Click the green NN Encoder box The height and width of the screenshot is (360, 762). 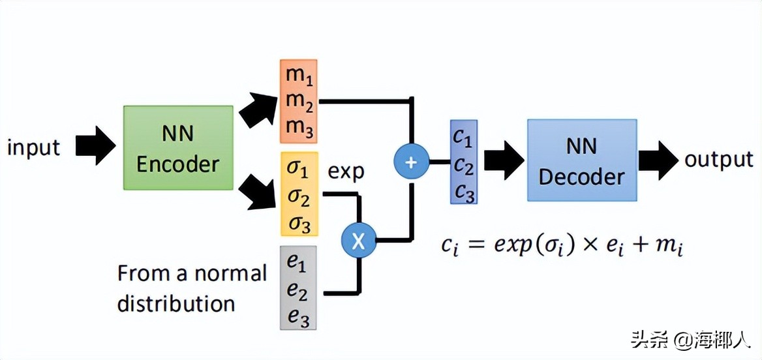click(177, 148)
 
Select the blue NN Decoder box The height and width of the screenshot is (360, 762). click(581, 160)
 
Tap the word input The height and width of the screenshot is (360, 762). click(33, 147)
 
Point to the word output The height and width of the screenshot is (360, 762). click(718, 160)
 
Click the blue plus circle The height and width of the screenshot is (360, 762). click(411, 162)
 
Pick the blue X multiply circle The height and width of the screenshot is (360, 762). click(358, 241)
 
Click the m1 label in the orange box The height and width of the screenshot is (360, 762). click(299, 75)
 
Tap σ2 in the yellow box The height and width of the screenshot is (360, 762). click(299, 197)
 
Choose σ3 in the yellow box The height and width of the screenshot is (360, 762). click(299, 224)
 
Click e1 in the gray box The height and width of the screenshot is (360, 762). click(297, 262)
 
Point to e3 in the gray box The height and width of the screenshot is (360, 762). click(297, 318)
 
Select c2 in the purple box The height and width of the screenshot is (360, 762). click(463, 167)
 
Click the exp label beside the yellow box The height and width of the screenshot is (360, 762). click(346, 172)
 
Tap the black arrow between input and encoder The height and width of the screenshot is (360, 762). click(95, 146)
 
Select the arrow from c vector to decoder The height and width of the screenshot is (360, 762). click(504, 160)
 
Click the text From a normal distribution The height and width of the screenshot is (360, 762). click(192, 288)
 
